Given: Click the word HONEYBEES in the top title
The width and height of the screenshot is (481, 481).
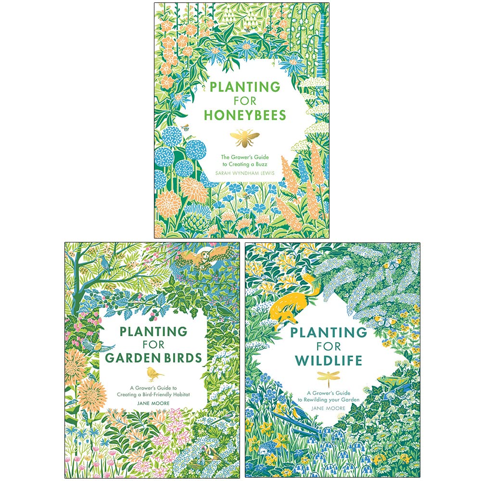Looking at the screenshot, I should point(245,115).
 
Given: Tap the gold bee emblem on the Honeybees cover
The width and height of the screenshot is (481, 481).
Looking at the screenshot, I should point(245,137).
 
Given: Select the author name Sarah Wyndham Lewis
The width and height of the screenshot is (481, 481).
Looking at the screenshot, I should point(245,172).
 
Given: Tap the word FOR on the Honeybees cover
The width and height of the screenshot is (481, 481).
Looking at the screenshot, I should point(245,101).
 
